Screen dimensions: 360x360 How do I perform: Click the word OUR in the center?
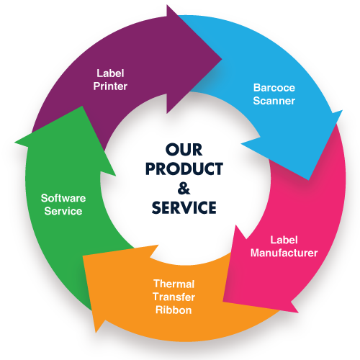coord(184,150)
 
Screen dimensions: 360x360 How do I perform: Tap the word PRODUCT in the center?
coord(184,169)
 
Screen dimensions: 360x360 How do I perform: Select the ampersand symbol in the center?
coord(184,188)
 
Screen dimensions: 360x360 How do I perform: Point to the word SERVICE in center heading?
coord(184,207)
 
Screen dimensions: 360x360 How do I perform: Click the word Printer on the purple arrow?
coord(110,86)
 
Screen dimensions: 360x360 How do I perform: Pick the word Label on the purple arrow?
coord(110,73)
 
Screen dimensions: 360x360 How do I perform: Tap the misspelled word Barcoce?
coord(274,88)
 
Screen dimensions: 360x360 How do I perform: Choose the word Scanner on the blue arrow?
coord(274,101)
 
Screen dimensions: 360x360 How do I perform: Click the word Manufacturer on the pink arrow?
coord(284,253)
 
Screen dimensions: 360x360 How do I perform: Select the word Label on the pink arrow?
coord(284,240)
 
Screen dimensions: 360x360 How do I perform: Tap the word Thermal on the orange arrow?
coord(174,284)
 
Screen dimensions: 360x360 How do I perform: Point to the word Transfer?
coord(174,297)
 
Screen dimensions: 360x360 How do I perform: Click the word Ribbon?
coord(174,310)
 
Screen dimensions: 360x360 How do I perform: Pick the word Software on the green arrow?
coord(63,198)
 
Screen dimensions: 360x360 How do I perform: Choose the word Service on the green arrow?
coord(63,211)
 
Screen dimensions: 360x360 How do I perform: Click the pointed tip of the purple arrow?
coord(221,58)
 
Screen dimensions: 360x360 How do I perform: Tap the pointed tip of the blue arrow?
coord(308,179)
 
